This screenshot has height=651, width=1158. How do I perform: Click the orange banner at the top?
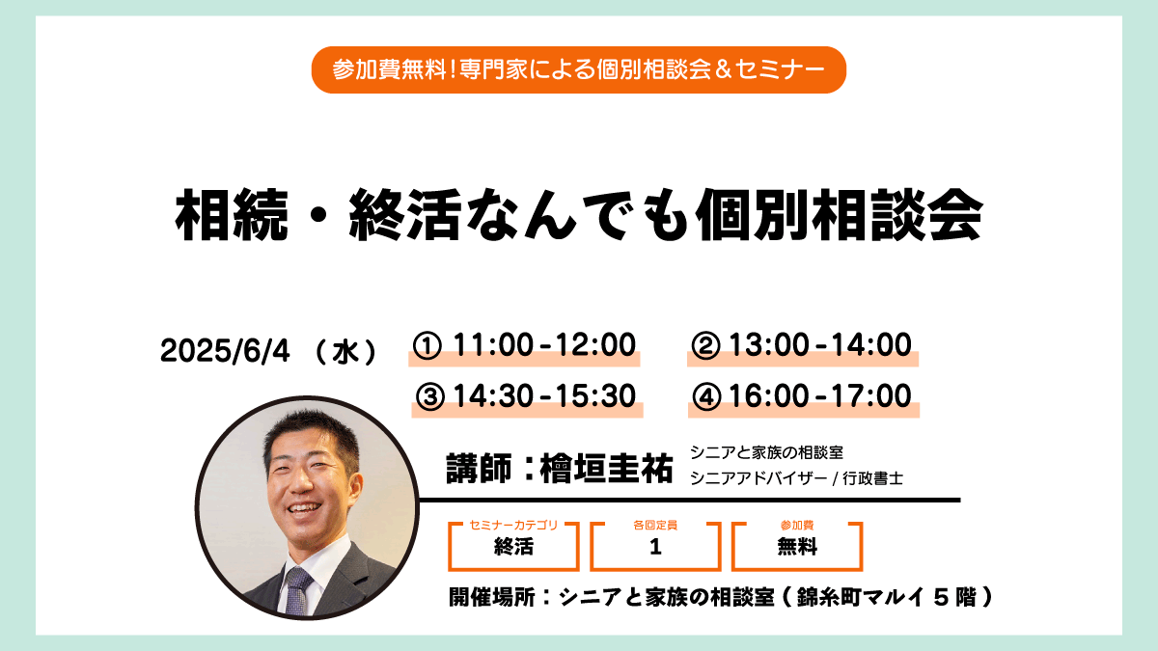(x=578, y=69)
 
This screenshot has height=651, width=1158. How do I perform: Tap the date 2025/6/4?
(x=225, y=351)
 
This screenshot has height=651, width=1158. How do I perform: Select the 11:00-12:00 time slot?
(x=544, y=345)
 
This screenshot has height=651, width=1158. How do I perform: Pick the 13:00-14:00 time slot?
(x=820, y=345)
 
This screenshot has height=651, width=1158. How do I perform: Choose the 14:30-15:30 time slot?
(x=544, y=396)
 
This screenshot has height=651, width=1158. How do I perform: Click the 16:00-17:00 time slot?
(x=820, y=396)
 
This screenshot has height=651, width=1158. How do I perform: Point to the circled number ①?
(x=427, y=345)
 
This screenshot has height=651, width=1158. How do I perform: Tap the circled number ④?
(x=706, y=396)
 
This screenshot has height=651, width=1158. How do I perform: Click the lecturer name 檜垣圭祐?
(x=606, y=468)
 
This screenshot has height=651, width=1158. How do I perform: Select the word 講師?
(x=479, y=468)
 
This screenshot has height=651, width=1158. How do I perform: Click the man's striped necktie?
(x=297, y=590)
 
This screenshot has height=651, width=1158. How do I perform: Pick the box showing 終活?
(x=513, y=547)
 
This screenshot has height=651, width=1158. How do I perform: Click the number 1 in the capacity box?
(x=655, y=547)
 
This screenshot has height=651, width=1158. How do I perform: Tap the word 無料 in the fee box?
(x=797, y=547)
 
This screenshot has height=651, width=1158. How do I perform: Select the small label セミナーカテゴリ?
(x=513, y=525)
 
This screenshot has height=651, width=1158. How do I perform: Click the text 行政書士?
(x=872, y=478)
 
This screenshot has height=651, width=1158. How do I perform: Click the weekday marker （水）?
(x=345, y=352)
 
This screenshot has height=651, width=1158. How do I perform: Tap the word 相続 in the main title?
(x=232, y=214)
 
